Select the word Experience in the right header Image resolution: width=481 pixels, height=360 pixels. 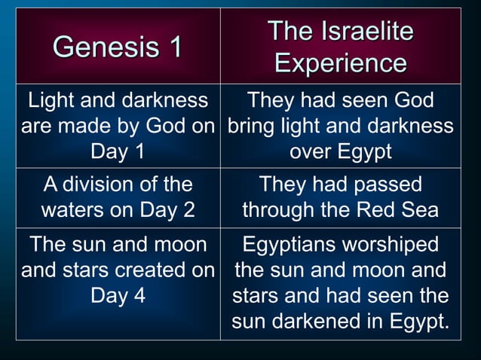[341, 63]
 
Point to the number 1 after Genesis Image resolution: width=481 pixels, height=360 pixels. [174, 47]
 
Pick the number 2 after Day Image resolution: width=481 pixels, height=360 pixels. [187, 209]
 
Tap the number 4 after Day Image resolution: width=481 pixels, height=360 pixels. [137, 294]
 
